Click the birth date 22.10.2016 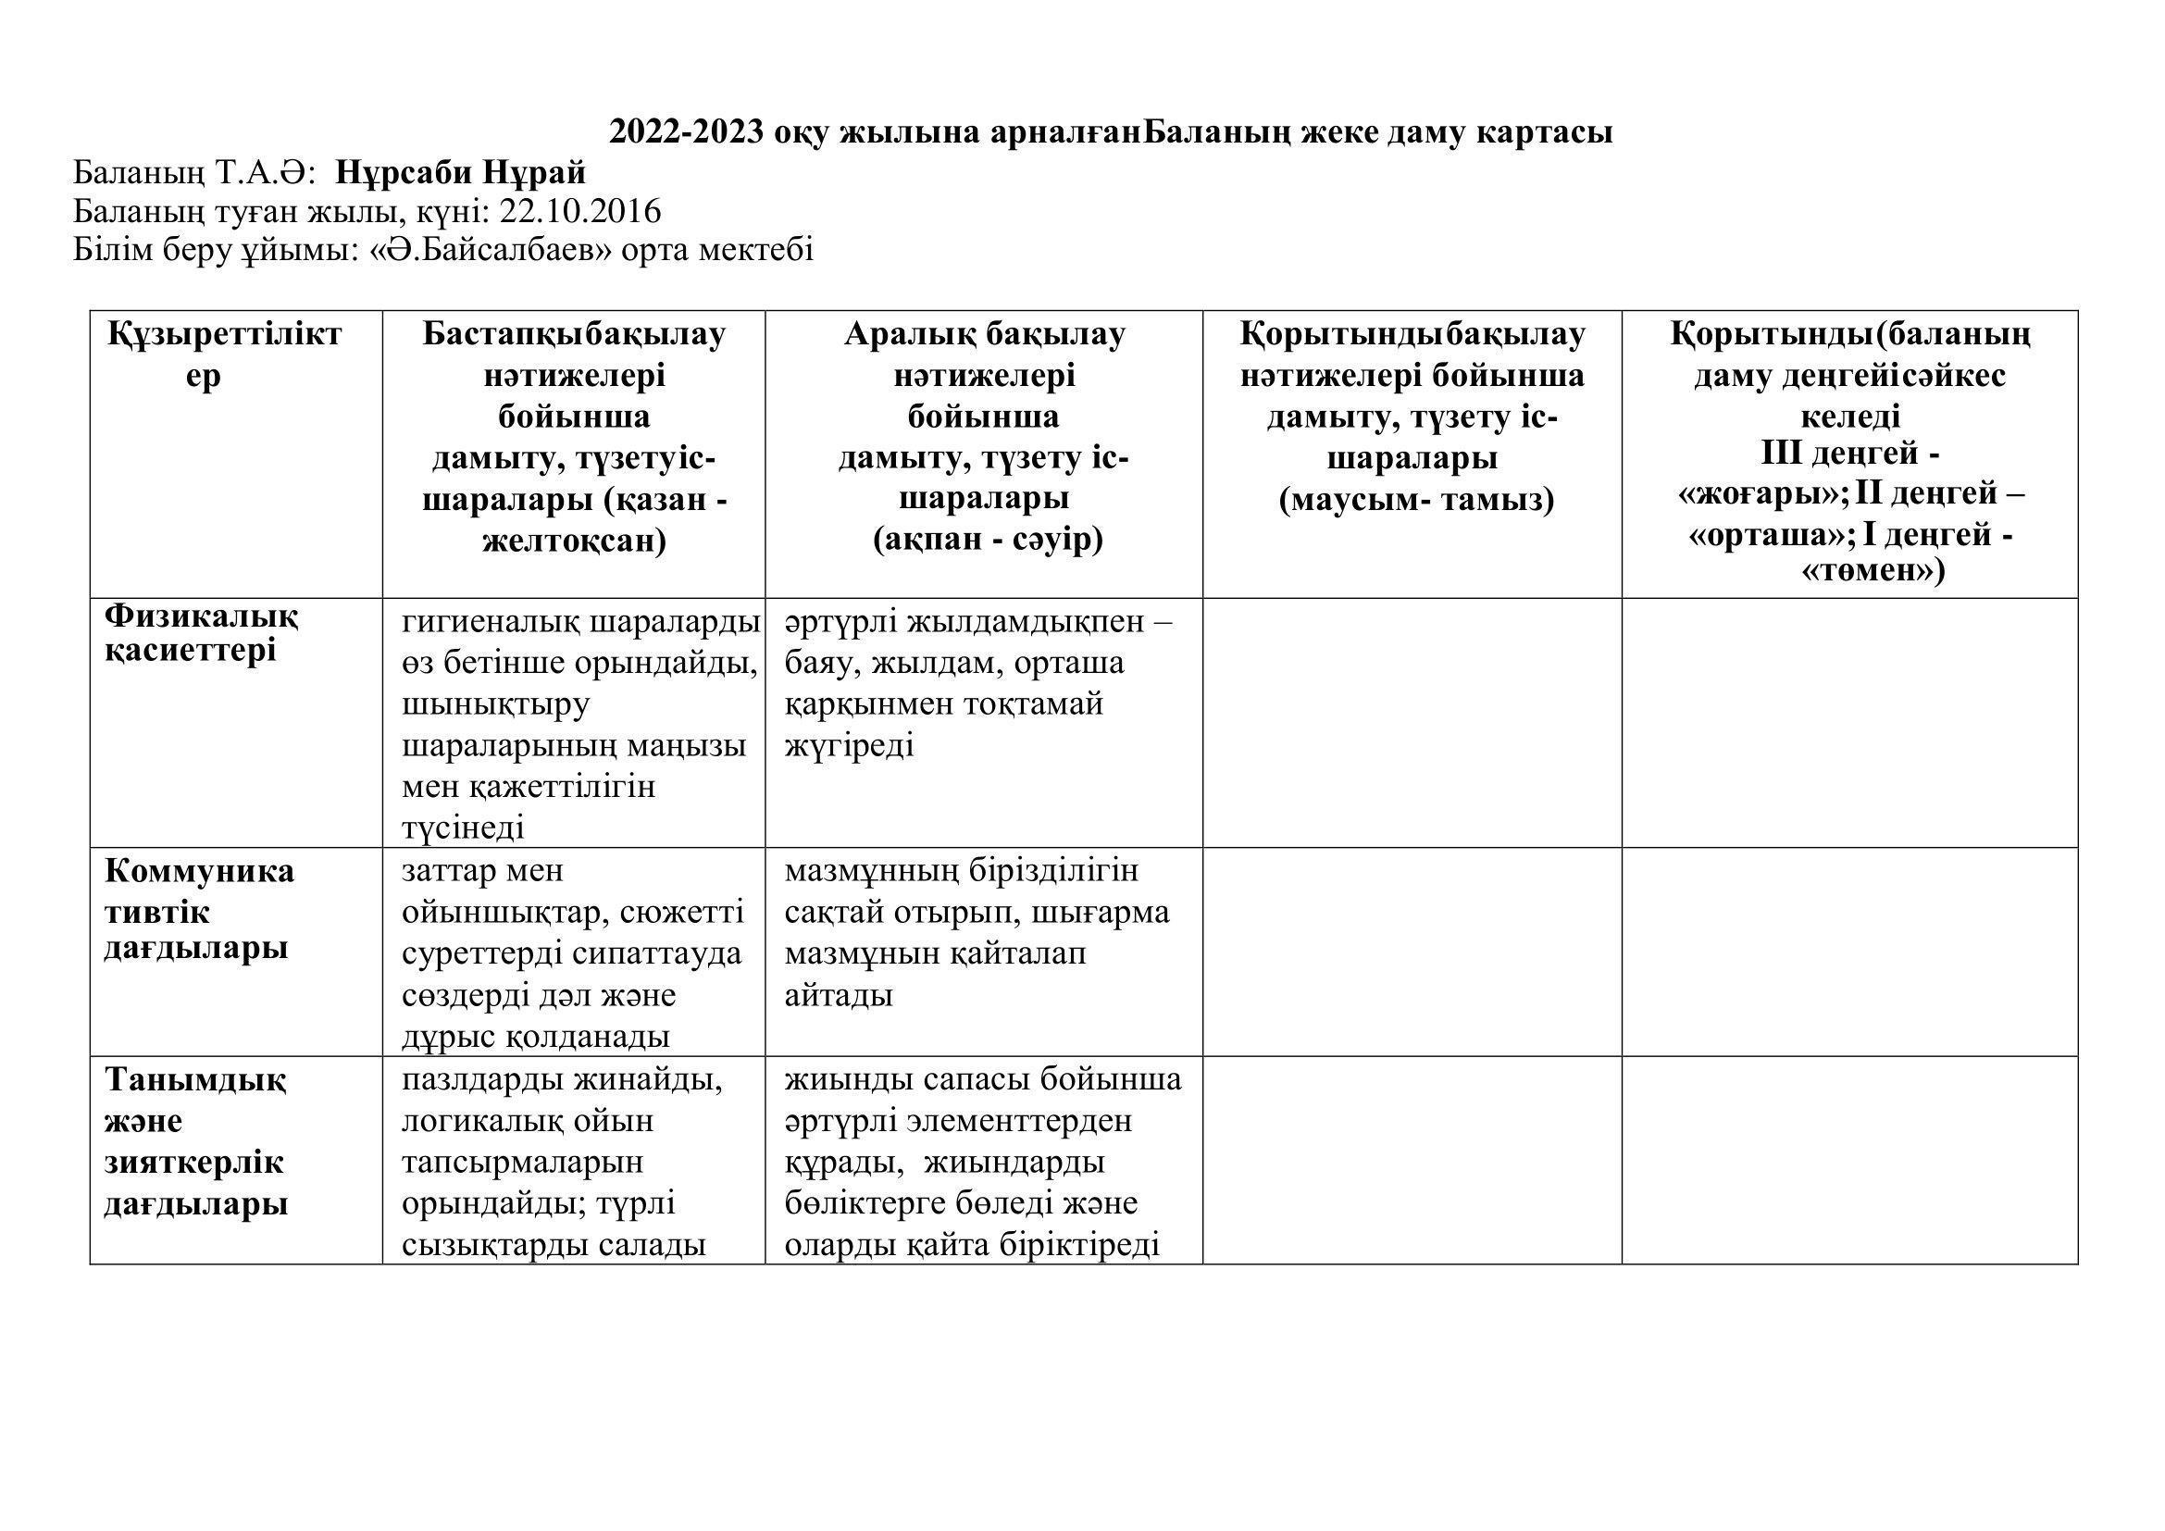coord(580,211)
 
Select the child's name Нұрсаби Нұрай coord(460,172)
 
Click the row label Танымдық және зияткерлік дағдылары coord(194,1140)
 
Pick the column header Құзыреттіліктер coord(223,355)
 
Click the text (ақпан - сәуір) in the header coord(988,541)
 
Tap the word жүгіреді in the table coord(849,747)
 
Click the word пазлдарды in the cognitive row coord(483,1079)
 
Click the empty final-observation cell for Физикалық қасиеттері coord(1412,722)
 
